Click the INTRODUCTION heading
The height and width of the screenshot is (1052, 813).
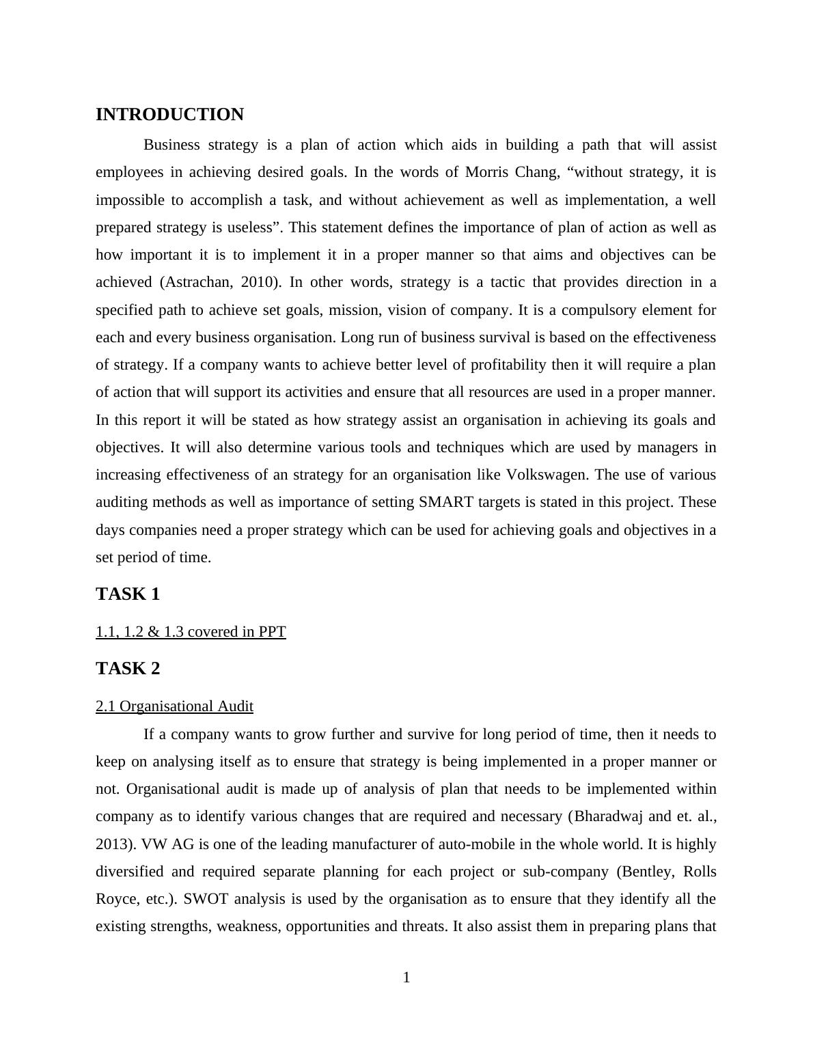pyautogui.click(x=169, y=115)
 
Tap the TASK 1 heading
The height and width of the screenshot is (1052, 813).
pyautogui.click(x=128, y=594)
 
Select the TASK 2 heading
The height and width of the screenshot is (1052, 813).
pyautogui.click(x=128, y=669)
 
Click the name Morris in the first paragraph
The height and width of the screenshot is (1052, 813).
pyautogui.click(x=487, y=172)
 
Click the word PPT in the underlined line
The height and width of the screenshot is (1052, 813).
pyautogui.click(x=272, y=632)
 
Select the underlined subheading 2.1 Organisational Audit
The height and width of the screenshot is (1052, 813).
pyautogui.click(x=174, y=706)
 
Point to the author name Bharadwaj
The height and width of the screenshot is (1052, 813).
pyautogui.click(x=607, y=816)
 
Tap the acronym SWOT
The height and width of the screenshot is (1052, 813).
pyautogui.click(x=205, y=899)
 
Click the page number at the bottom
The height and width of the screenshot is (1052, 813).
pyautogui.click(x=406, y=978)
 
